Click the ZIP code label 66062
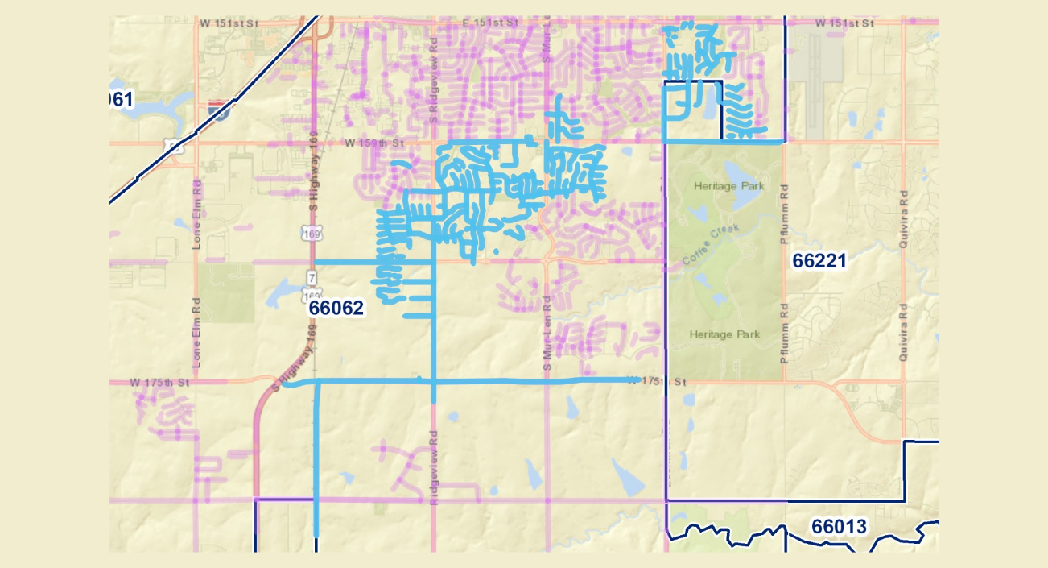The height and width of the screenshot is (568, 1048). pyautogui.click(x=336, y=308)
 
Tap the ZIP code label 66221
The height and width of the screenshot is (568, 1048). pyautogui.click(x=819, y=261)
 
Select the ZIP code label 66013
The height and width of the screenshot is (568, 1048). pyautogui.click(x=839, y=527)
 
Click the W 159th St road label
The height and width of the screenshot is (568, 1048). pyautogui.click(x=372, y=143)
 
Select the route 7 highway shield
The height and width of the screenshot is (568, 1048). pyautogui.click(x=311, y=277)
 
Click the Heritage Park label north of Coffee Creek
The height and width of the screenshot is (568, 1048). pyautogui.click(x=728, y=186)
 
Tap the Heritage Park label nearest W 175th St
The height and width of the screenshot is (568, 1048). pyautogui.click(x=724, y=334)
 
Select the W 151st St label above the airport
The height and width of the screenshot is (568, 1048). pyautogui.click(x=844, y=23)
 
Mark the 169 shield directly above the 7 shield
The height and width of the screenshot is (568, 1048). pyautogui.click(x=312, y=234)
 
